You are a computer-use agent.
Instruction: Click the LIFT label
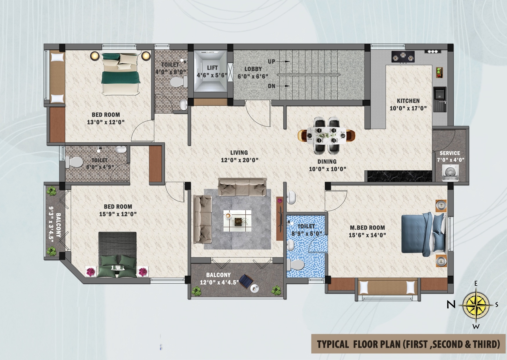pos(212,68)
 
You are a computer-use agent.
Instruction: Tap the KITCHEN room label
pos(408,101)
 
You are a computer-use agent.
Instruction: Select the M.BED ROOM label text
pos(367,228)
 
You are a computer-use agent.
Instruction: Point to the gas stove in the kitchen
pos(403,57)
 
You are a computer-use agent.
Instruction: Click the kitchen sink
pos(440,99)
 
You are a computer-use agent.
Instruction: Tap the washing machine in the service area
pos(450,173)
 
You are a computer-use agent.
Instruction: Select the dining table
pos(326,135)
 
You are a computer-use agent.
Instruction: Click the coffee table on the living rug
pos(237,221)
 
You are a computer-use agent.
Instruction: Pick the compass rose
pos(476,305)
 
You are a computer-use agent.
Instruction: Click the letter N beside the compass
pos(451,305)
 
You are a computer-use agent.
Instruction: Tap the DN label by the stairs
pos(271,86)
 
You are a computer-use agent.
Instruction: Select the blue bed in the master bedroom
pos(423,234)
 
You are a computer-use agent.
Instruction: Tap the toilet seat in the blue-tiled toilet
pos(296,265)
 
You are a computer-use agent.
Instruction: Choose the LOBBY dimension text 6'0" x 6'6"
pos(253,76)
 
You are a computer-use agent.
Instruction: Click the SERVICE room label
pos(450,153)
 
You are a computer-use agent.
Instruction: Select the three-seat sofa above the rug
pos(242,187)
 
